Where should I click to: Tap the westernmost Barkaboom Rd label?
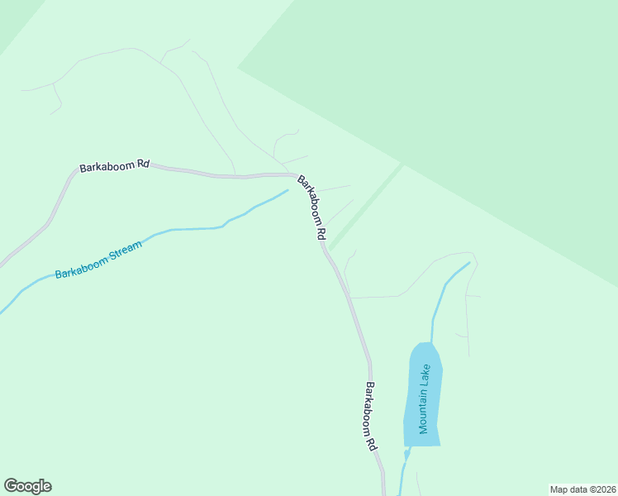(x=114, y=166)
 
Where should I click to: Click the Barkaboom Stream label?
(x=98, y=260)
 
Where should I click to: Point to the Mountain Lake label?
(x=425, y=398)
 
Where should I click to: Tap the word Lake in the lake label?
(x=425, y=376)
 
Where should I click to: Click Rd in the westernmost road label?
(x=143, y=164)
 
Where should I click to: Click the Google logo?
(x=27, y=486)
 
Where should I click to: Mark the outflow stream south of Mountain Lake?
(x=404, y=471)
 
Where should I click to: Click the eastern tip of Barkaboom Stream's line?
(x=286, y=191)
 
